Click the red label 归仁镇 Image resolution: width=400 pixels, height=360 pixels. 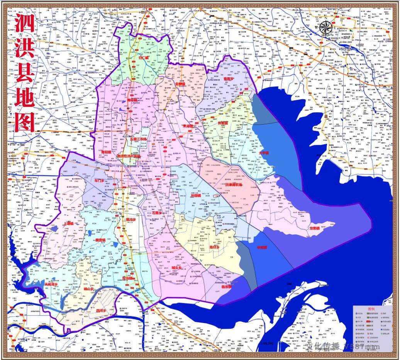click(x=144, y=58)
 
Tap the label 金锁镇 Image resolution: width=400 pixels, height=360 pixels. click(x=180, y=83)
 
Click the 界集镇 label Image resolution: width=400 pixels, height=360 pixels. click(x=223, y=123)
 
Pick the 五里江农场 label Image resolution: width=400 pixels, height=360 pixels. click(x=138, y=139)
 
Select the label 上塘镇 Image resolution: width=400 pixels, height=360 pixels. click(x=68, y=223)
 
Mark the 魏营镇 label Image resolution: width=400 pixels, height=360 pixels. click(x=100, y=240)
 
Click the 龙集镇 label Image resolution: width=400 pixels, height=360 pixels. click(x=315, y=228)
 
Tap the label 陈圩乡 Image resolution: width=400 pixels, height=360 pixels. click(x=214, y=247)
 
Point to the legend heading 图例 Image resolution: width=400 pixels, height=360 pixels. click(x=371, y=309)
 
